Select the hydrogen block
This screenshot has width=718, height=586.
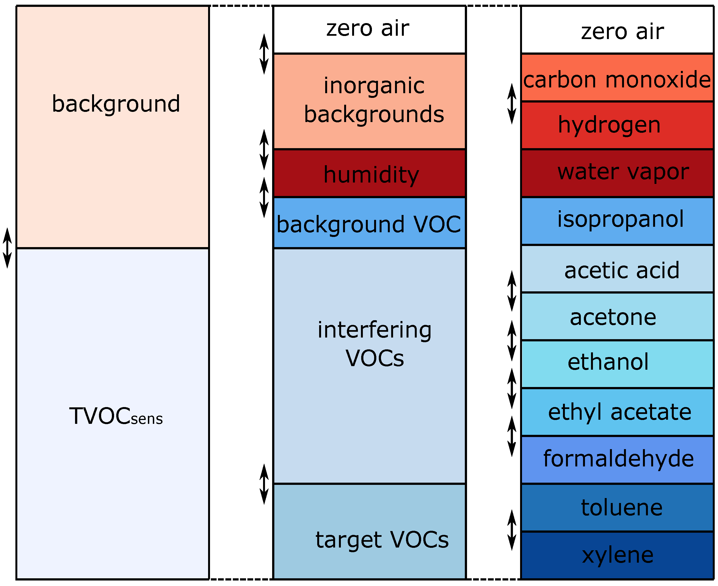click(x=617, y=126)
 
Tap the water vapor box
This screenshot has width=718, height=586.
click(x=617, y=173)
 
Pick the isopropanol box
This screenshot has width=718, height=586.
click(x=617, y=221)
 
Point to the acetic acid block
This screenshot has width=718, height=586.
click(x=617, y=269)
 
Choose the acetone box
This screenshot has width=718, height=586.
click(x=617, y=317)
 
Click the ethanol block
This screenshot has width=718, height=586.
click(x=617, y=364)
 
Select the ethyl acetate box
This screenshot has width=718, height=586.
click(x=617, y=412)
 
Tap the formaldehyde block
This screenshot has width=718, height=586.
click(x=617, y=459)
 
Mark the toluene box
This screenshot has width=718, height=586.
click(x=617, y=507)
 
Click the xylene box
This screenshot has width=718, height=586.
click(x=617, y=555)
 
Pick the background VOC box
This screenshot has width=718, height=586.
click(x=369, y=223)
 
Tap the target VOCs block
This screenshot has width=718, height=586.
click(x=369, y=531)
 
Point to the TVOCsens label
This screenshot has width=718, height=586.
click(x=116, y=416)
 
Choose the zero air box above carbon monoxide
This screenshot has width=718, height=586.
click(x=617, y=31)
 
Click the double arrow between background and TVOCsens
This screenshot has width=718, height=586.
click(x=7, y=248)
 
